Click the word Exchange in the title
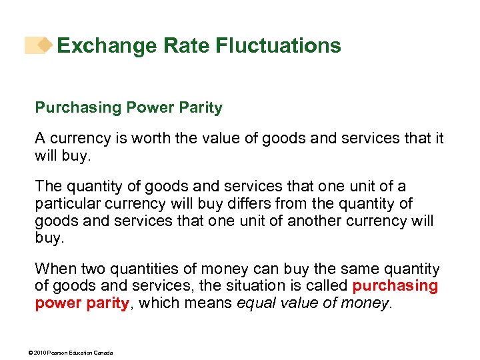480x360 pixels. click(99, 45)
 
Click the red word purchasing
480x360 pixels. click(395, 286)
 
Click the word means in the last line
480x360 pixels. click(219, 303)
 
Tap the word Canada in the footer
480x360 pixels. click(103, 352)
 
